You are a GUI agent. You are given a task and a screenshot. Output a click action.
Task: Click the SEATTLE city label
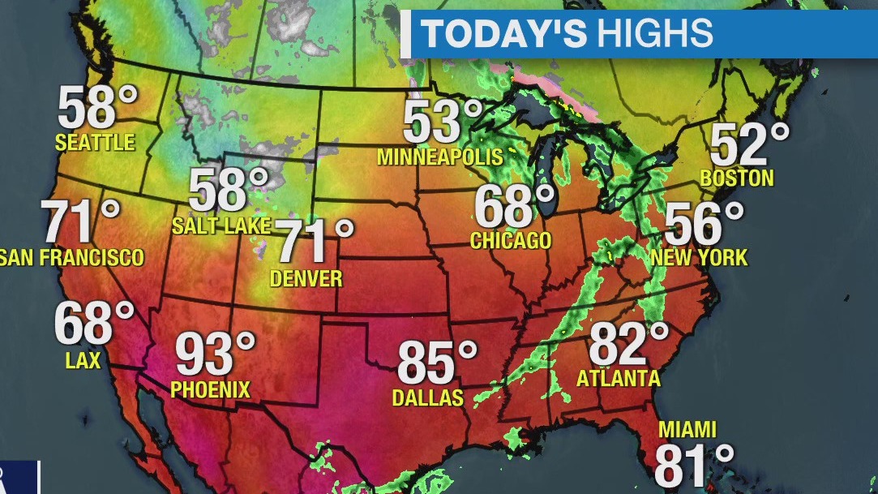coord(95,143)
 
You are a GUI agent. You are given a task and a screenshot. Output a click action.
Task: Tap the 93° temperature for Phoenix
coord(216,354)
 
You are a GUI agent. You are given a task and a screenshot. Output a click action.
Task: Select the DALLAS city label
coord(427,397)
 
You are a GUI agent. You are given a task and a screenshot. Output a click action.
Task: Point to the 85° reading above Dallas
coord(437,363)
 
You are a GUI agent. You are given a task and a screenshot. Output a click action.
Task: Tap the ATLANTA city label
coord(618,379)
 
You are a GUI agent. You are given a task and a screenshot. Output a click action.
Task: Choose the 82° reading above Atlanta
coord(628,344)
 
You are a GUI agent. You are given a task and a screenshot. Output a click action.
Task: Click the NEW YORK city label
coord(699,259)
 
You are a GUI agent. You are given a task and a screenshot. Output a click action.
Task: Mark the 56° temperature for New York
coord(704,224)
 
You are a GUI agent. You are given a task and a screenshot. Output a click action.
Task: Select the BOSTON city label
coord(737,178)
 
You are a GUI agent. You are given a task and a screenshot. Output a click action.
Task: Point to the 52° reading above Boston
coord(749,145)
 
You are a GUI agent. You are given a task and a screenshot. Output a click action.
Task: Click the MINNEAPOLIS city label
coord(439,157)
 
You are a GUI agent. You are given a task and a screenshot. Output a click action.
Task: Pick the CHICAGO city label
coord(511,241)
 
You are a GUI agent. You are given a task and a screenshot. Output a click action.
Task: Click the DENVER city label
coord(306,279)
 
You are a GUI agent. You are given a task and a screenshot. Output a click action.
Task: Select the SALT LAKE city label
coord(221,226)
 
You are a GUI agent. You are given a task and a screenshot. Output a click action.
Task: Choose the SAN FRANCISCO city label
coord(71,258)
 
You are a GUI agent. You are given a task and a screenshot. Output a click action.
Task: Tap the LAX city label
coord(83,360)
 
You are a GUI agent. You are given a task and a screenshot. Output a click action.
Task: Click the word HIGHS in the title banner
coord(655,34)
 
